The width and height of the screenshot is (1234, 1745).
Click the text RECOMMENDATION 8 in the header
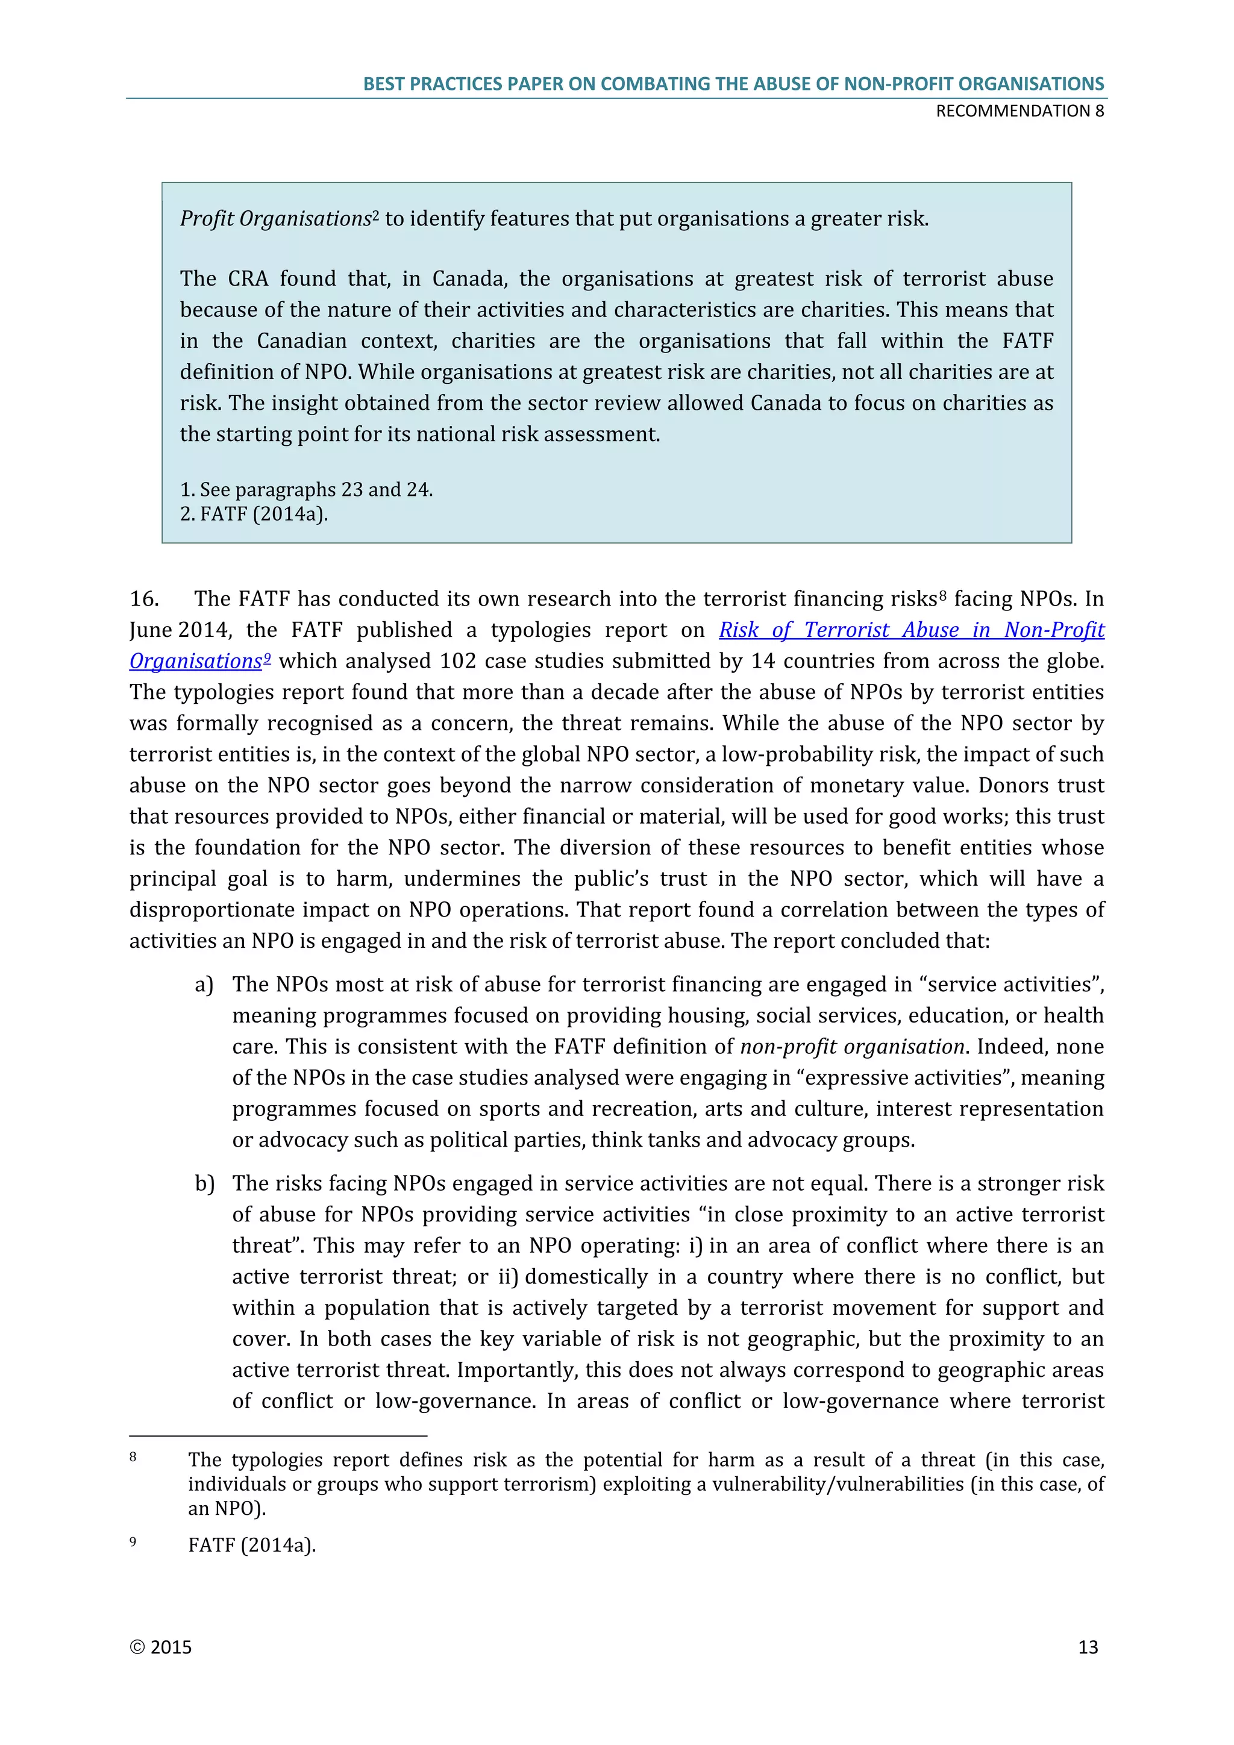(1019, 111)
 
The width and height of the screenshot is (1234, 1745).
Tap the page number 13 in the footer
(1088, 1647)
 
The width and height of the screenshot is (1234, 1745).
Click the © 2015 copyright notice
(160, 1647)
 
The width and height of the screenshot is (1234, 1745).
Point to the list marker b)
(204, 1184)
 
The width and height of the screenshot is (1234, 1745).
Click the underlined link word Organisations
(195, 661)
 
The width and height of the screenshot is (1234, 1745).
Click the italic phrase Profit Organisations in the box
(275, 219)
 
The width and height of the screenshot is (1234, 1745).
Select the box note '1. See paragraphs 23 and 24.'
(306, 489)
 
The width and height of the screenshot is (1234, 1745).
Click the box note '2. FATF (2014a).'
(254, 515)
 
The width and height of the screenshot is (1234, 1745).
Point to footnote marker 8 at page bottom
(133, 1457)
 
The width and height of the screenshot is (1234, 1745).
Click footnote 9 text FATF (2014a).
(251, 1545)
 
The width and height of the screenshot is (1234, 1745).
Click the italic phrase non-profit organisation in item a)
(852, 1047)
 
